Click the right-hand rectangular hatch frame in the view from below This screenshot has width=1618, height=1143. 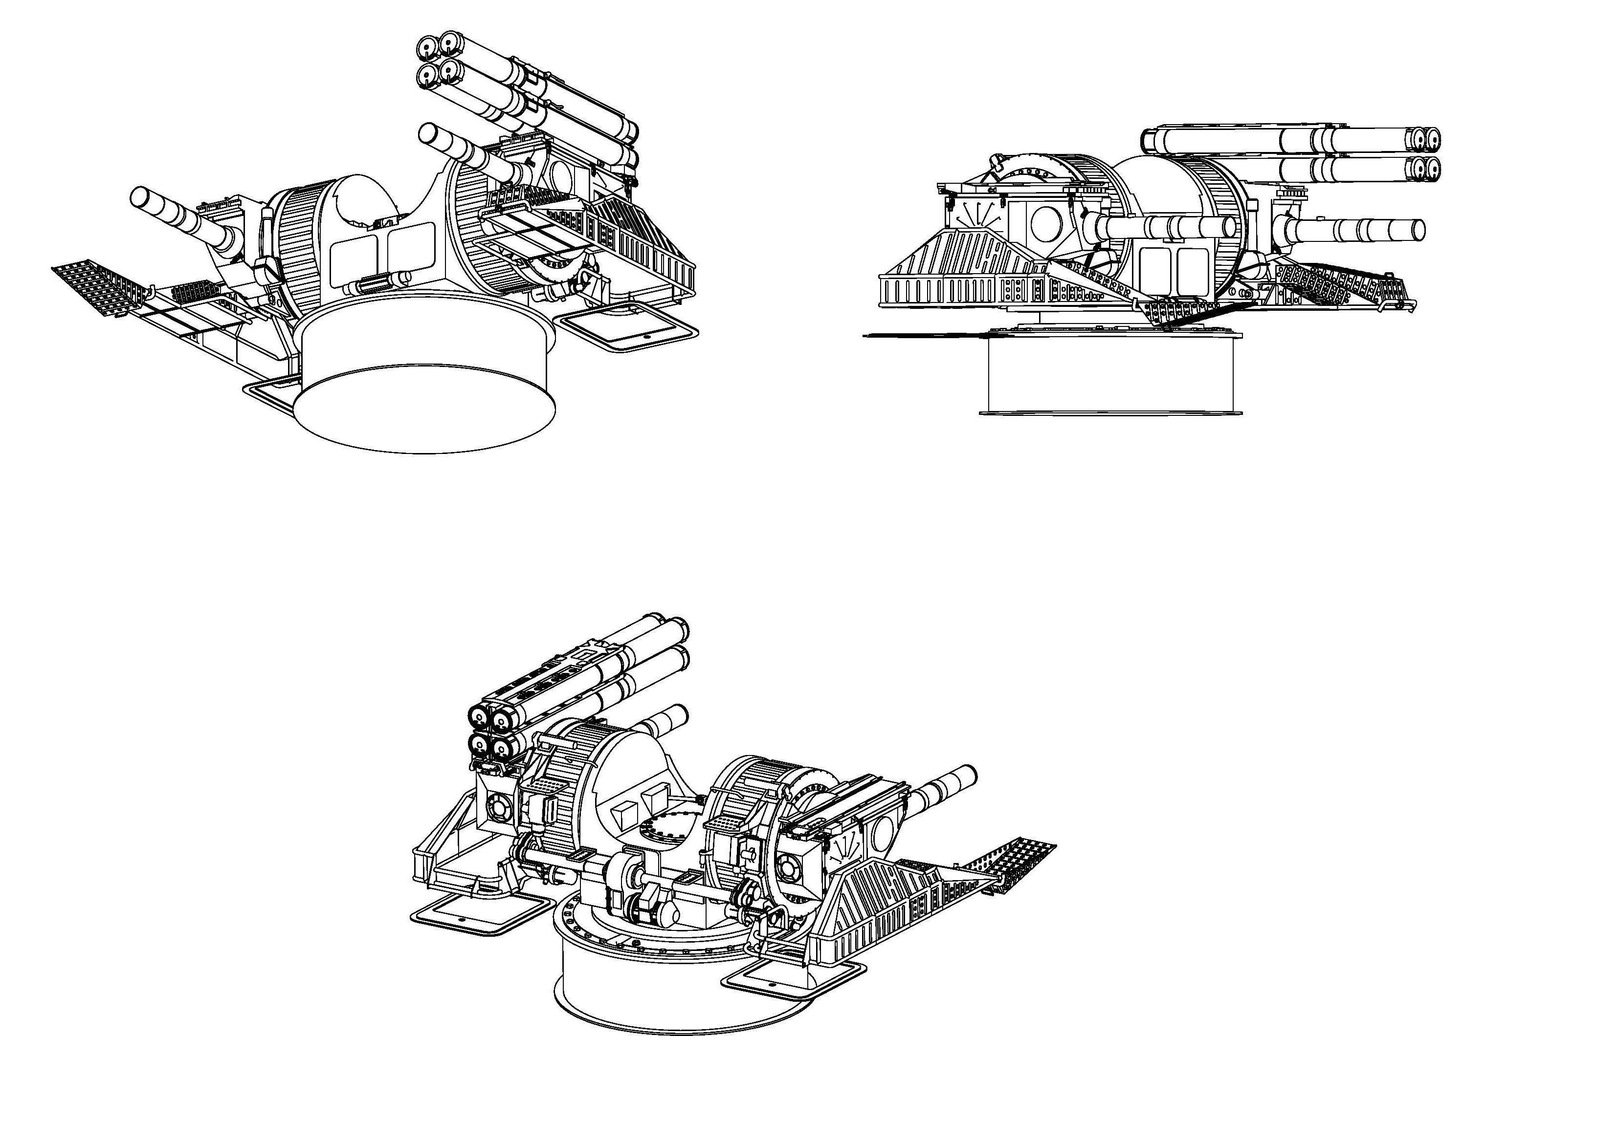[x=626, y=327]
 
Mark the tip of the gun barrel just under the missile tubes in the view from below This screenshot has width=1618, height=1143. [x=428, y=133]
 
